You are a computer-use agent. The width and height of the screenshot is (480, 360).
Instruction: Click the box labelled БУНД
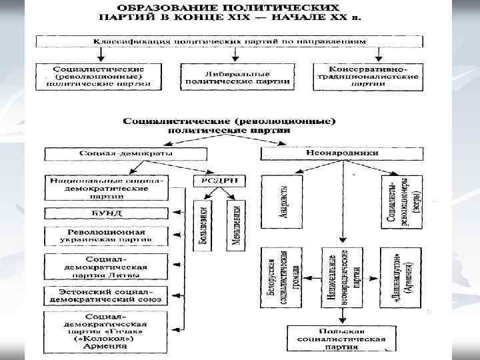(x=107, y=213)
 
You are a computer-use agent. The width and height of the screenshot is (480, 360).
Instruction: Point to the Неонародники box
(x=342, y=153)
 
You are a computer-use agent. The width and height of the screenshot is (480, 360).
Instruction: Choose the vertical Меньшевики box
(x=235, y=225)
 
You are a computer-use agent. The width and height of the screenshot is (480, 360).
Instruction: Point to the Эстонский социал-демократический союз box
(x=107, y=295)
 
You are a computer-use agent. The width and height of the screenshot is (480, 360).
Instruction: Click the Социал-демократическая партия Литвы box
(x=107, y=265)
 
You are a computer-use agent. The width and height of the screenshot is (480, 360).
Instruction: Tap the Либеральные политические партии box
(x=236, y=75)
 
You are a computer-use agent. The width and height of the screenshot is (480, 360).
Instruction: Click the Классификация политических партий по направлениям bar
(x=229, y=41)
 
